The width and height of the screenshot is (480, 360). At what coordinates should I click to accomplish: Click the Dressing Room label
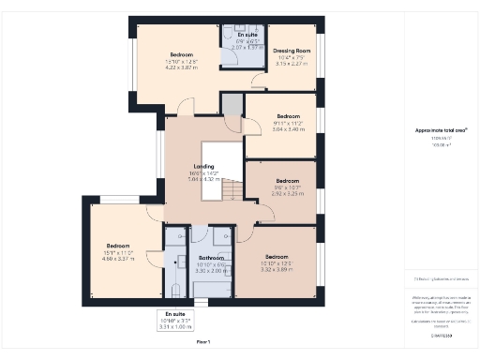point(292,51)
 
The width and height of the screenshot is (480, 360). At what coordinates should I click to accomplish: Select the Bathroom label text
point(211,258)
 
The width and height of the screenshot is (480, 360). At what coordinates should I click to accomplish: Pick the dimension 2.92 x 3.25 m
point(287,193)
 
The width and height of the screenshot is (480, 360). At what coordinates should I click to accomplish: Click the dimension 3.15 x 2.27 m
point(292,65)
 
